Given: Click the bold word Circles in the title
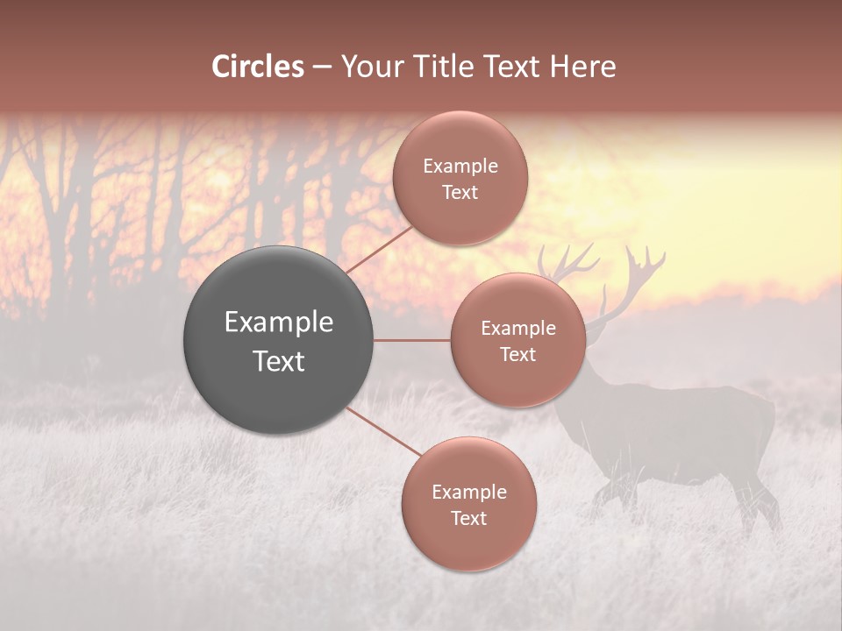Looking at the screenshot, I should (x=258, y=67).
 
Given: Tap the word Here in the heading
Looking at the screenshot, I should (x=583, y=67).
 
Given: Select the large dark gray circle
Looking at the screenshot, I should (x=278, y=340).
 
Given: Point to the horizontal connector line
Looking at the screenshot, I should (x=412, y=340).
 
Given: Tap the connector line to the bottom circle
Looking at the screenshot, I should (x=384, y=432).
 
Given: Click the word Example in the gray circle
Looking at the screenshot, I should (x=278, y=322).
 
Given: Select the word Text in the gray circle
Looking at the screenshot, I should (x=278, y=361).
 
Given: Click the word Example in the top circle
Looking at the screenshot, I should (x=460, y=166).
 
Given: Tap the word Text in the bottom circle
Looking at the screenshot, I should (x=468, y=518).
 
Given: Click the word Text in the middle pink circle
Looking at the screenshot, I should (x=517, y=354).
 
